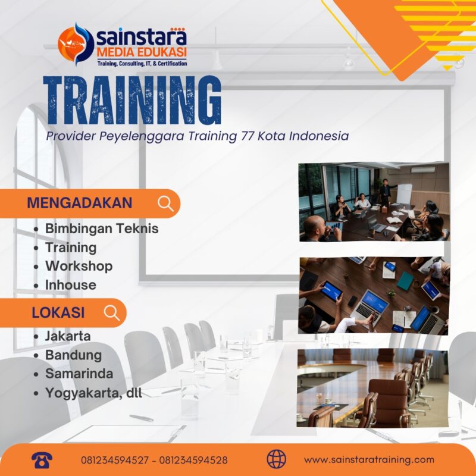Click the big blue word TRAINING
(x=133, y=102)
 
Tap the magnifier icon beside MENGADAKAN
(x=166, y=203)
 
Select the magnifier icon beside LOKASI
(x=112, y=313)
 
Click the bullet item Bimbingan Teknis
(x=102, y=228)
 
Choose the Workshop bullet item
(x=79, y=265)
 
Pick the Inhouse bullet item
(x=70, y=284)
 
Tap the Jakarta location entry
(x=68, y=336)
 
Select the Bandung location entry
(x=73, y=355)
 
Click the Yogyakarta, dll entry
(x=93, y=393)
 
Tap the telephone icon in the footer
(x=43, y=459)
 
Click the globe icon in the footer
(x=277, y=459)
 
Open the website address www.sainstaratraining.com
(x=369, y=460)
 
